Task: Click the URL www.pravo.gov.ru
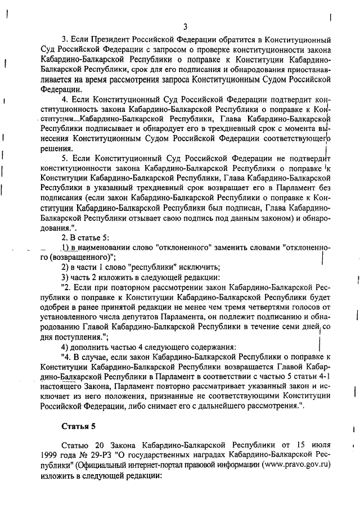(x=296, y=465)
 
